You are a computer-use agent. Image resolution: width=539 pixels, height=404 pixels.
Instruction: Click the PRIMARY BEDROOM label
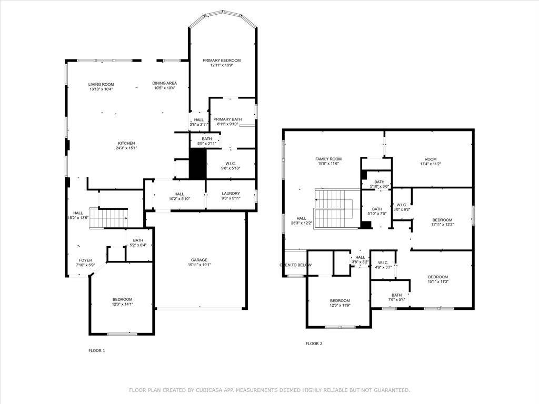pos(222,60)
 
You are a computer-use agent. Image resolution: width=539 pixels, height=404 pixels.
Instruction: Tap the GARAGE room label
pos(199,260)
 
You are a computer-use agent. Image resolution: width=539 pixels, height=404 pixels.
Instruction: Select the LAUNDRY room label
pos(231,194)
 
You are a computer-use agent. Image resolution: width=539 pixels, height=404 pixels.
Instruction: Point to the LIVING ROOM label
pos(101,84)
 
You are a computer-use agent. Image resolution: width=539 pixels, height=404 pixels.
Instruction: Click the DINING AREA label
pos(164,83)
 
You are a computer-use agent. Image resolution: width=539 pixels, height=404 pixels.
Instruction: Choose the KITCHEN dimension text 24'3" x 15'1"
pos(126,148)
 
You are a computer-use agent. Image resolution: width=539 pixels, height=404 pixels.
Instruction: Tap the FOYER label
pos(85,260)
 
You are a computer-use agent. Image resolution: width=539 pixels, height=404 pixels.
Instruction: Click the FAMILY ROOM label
pos(328,159)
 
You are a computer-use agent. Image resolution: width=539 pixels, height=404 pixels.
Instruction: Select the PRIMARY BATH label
pos(227,119)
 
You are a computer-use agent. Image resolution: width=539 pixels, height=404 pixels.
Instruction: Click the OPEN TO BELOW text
pos(295,265)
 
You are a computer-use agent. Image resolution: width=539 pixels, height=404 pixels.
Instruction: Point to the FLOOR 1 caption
pos(96,350)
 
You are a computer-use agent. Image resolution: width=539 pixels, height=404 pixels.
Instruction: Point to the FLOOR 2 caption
pos(314,344)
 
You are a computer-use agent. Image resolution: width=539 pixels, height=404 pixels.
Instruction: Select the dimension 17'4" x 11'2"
pos(431,164)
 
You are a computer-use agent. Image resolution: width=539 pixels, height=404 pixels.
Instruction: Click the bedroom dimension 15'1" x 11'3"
pos(437,282)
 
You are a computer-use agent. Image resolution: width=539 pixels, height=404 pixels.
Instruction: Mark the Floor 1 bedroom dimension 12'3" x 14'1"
pos(122,304)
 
